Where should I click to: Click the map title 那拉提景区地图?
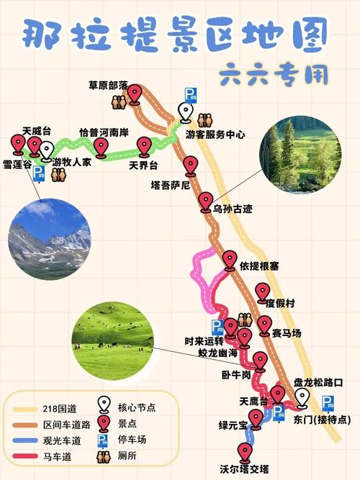[173, 32]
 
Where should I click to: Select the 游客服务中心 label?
[215, 135]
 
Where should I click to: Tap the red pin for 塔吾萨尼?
[191, 166]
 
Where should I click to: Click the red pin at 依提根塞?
[230, 259]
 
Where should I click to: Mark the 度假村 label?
[280, 302]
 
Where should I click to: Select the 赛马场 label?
[287, 332]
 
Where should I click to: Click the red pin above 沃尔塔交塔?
[246, 452]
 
